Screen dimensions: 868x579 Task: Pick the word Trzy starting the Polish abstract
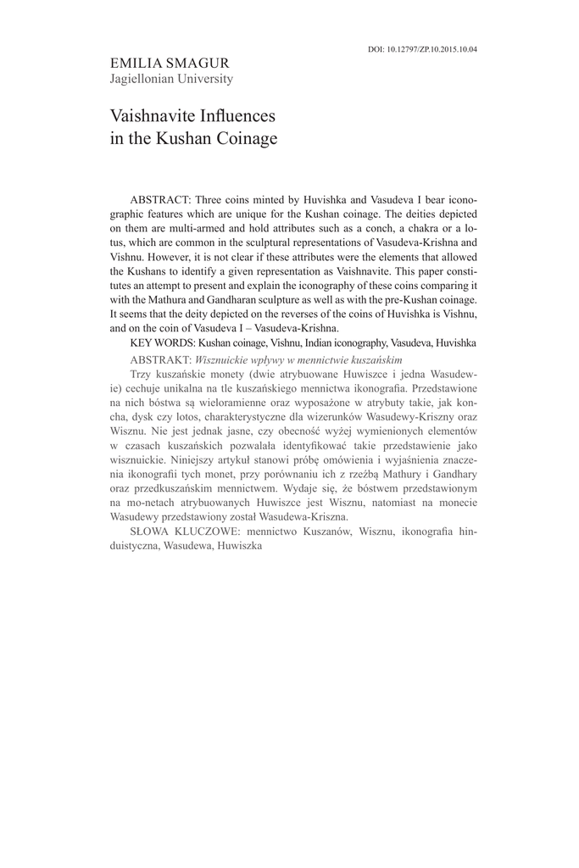click(x=142, y=374)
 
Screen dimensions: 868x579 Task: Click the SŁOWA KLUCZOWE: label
click(x=187, y=532)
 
